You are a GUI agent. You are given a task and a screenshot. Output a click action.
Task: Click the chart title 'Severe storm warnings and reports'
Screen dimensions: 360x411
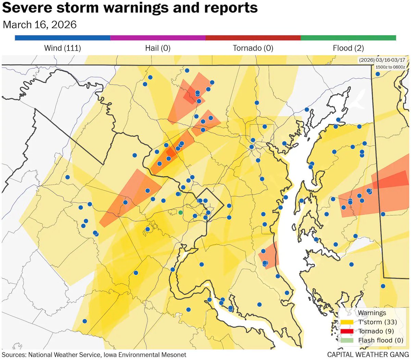[x=130, y=8]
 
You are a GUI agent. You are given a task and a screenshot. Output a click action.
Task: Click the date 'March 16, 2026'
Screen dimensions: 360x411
[x=39, y=25]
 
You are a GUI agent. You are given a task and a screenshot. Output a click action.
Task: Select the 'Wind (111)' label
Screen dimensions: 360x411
[x=62, y=48]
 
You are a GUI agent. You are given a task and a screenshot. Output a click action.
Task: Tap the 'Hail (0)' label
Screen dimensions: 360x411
[x=158, y=48]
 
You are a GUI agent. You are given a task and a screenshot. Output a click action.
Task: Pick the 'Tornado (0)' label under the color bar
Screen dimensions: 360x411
[x=253, y=48]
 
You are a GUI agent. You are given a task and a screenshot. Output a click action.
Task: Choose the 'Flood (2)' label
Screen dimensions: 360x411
[x=348, y=48]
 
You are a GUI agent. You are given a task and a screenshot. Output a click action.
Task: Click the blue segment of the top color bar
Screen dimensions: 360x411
[x=62, y=38]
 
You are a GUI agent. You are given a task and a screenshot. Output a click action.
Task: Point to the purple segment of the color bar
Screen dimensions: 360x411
[x=158, y=38]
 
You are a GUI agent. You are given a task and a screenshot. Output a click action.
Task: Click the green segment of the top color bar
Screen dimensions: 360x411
[x=348, y=38]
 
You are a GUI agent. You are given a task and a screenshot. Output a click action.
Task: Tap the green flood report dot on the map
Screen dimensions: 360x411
[x=180, y=213]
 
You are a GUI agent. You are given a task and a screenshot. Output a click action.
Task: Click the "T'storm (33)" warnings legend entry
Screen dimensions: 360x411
[x=377, y=322]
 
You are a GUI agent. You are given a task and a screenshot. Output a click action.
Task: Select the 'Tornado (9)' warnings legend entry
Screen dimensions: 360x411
[x=376, y=331]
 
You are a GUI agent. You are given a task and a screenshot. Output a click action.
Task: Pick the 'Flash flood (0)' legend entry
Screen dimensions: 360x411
[x=381, y=340]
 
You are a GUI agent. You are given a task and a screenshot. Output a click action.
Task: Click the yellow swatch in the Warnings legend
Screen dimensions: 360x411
[x=347, y=322]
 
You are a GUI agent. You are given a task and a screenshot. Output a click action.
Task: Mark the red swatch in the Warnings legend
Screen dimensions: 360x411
[x=347, y=331]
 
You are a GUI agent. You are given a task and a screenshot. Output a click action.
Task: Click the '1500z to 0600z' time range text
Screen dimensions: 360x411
[x=390, y=67]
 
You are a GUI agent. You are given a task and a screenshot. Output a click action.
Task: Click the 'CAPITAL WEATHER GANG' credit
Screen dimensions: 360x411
[x=368, y=355]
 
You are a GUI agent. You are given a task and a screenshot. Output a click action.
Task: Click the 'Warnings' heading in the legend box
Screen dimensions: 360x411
[x=372, y=313]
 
